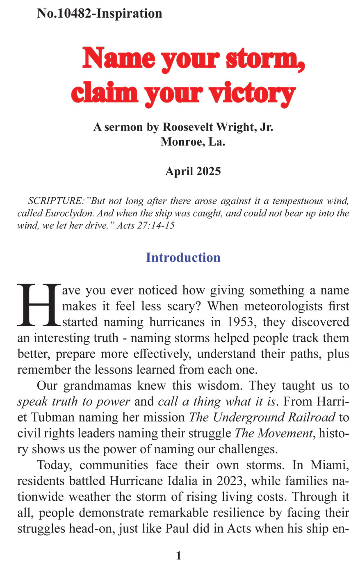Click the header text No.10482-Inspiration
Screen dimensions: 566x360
pos(99,13)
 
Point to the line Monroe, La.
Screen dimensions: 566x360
pos(193,142)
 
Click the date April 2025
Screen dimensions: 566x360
pos(193,171)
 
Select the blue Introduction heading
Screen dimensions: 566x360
pos(183,258)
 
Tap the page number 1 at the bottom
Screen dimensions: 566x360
pos(179,556)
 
